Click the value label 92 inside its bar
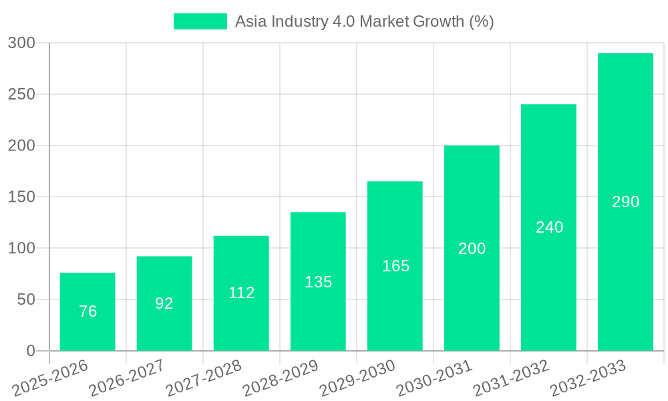[x=164, y=303]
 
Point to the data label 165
[x=395, y=266]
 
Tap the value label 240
[x=549, y=227]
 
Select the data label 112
[x=241, y=293]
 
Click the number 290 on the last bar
[x=625, y=202]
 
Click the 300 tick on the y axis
[x=21, y=43]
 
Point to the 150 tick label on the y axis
[x=21, y=197]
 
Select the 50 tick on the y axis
[x=26, y=299]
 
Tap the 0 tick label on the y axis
[x=31, y=351]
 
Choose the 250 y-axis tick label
[x=21, y=94]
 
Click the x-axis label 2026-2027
[x=127, y=378]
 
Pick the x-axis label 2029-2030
[x=357, y=378]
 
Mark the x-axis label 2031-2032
[x=511, y=378]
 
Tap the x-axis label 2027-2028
[x=204, y=378]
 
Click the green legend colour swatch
[x=200, y=21]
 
